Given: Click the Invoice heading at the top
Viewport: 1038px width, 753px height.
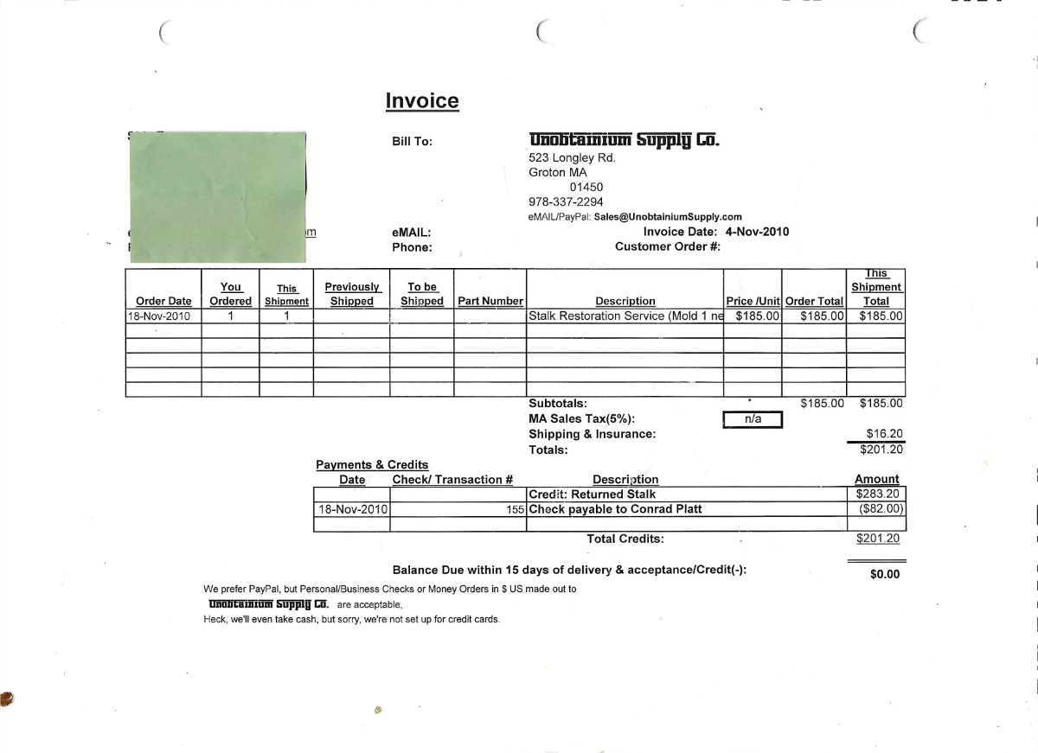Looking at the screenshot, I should (x=422, y=101).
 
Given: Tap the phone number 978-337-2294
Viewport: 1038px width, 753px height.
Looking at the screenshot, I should (x=566, y=202).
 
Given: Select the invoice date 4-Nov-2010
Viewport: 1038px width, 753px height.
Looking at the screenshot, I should (x=757, y=232).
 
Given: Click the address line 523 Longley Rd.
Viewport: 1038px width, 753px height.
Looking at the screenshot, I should (x=572, y=157).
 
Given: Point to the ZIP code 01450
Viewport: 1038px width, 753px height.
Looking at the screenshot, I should (x=586, y=187).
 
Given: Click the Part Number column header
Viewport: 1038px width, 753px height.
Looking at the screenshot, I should (x=490, y=301).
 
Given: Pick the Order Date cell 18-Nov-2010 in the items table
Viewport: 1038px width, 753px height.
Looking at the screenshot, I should (x=159, y=316).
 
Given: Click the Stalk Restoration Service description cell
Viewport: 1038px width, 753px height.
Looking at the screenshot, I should (x=625, y=316).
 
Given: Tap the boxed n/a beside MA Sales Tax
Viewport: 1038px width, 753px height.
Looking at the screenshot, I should (x=753, y=419).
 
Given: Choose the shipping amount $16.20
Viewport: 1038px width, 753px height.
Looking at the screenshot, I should (x=884, y=434).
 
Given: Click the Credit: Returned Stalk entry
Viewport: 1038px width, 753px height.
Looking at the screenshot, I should (x=593, y=495).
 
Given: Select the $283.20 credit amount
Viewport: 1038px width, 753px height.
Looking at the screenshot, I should (x=877, y=495).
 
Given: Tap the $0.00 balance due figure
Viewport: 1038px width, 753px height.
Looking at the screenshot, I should (x=884, y=574).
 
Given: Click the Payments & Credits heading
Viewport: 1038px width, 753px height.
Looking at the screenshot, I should (x=372, y=465).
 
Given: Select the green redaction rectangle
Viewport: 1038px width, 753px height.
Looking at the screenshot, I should (x=217, y=197).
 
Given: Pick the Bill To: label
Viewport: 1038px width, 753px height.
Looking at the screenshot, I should (x=413, y=142).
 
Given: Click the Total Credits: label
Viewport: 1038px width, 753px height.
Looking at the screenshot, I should (x=625, y=539).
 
